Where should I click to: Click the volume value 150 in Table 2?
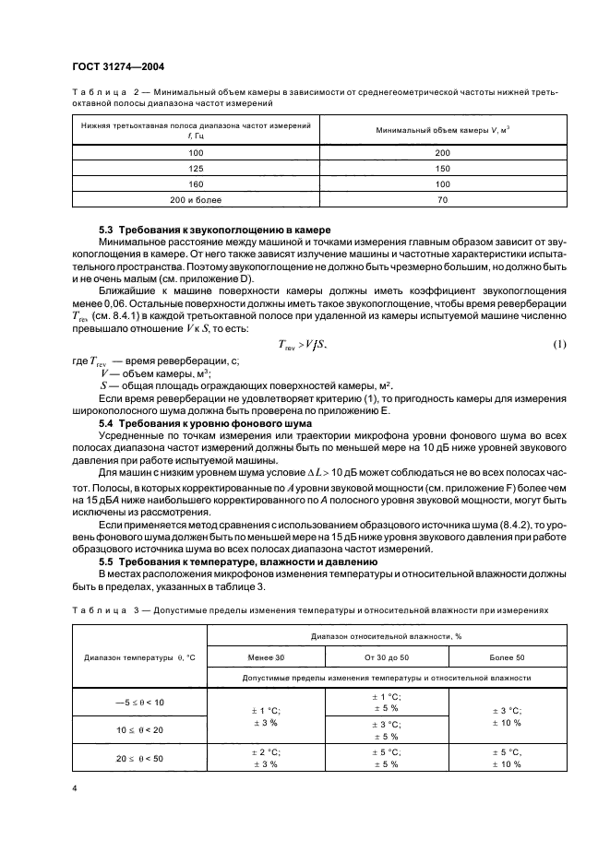coord(442,168)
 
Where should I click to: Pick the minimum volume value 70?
coord(442,198)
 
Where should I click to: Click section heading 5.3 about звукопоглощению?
coord(214,229)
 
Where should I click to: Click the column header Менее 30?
coord(267,656)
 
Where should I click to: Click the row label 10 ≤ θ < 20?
coord(140,729)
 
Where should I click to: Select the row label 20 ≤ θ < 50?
coord(140,759)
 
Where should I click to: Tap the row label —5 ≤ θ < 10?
coord(138,702)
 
